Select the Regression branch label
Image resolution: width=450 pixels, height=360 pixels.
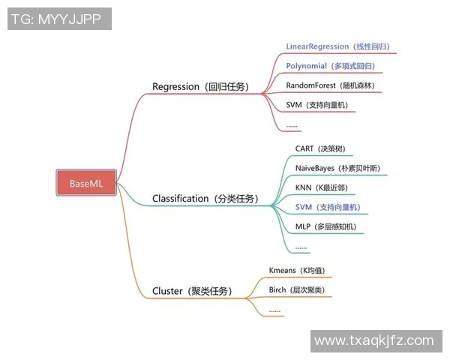coord(200,86)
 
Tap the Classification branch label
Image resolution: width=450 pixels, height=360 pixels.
coord(205,199)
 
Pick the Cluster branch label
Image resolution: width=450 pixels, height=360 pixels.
coord(191,291)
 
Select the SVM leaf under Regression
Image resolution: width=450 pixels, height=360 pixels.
coord(316,105)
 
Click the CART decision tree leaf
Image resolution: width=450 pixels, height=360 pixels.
coord(320,149)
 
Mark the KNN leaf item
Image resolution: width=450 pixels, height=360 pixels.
coord(322,187)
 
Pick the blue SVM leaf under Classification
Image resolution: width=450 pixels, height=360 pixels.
coord(327,207)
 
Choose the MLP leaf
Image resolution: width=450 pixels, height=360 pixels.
coord(325,226)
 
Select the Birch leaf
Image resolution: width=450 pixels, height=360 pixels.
coord(296,289)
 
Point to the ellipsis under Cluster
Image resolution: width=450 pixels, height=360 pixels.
coord(274,309)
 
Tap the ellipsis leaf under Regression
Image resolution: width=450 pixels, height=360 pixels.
coord(292,125)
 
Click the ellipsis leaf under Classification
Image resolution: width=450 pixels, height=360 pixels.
coord(301,246)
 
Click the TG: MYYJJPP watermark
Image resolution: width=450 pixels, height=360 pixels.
coord(58,19)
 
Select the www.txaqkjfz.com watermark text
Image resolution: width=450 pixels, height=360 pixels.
coord(373,341)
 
